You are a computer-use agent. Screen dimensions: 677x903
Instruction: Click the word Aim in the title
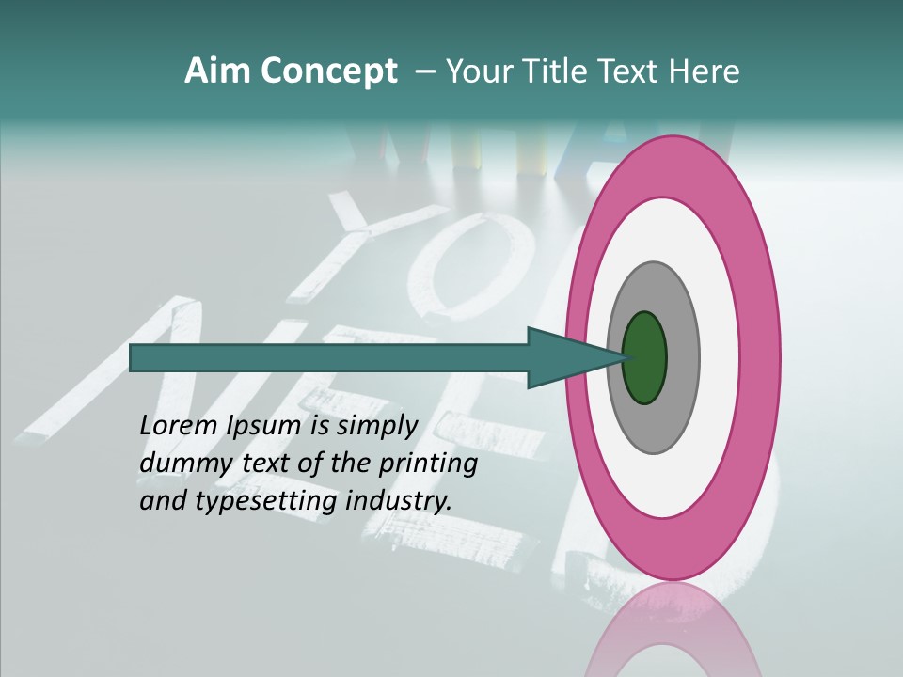[217, 71]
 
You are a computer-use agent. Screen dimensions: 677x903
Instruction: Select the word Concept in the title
[327, 71]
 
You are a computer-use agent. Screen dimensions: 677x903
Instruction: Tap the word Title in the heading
[556, 71]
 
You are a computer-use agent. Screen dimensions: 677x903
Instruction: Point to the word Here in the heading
[703, 71]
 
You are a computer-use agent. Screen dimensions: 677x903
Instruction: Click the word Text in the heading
[629, 71]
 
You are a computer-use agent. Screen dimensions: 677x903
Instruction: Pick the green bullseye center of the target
[644, 357]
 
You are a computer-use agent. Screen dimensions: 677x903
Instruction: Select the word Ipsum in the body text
[263, 426]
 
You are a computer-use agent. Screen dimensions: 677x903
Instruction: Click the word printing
[429, 464]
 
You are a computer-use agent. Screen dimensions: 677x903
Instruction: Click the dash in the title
[425, 71]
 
